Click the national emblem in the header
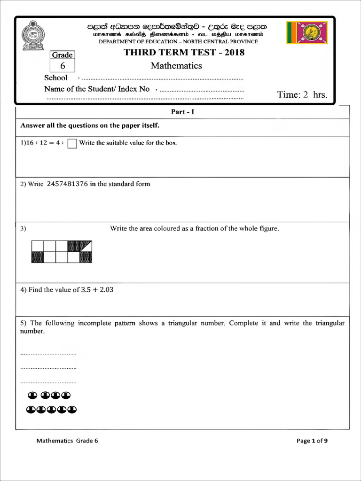(x=33, y=35)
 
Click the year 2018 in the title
(x=235, y=53)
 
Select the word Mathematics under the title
(x=176, y=66)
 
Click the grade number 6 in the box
(x=63, y=66)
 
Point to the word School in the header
(x=56, y=78)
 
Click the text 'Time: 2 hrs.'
(x=302, y=94)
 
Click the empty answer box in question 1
(x=72, y=143)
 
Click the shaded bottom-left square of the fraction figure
(x=37, y=257)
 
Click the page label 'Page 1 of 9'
(x=312, y=441)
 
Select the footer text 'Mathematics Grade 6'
(x=68, y=441)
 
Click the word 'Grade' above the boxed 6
(x=63, y=55)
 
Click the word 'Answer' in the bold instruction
(x=32, y=125)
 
